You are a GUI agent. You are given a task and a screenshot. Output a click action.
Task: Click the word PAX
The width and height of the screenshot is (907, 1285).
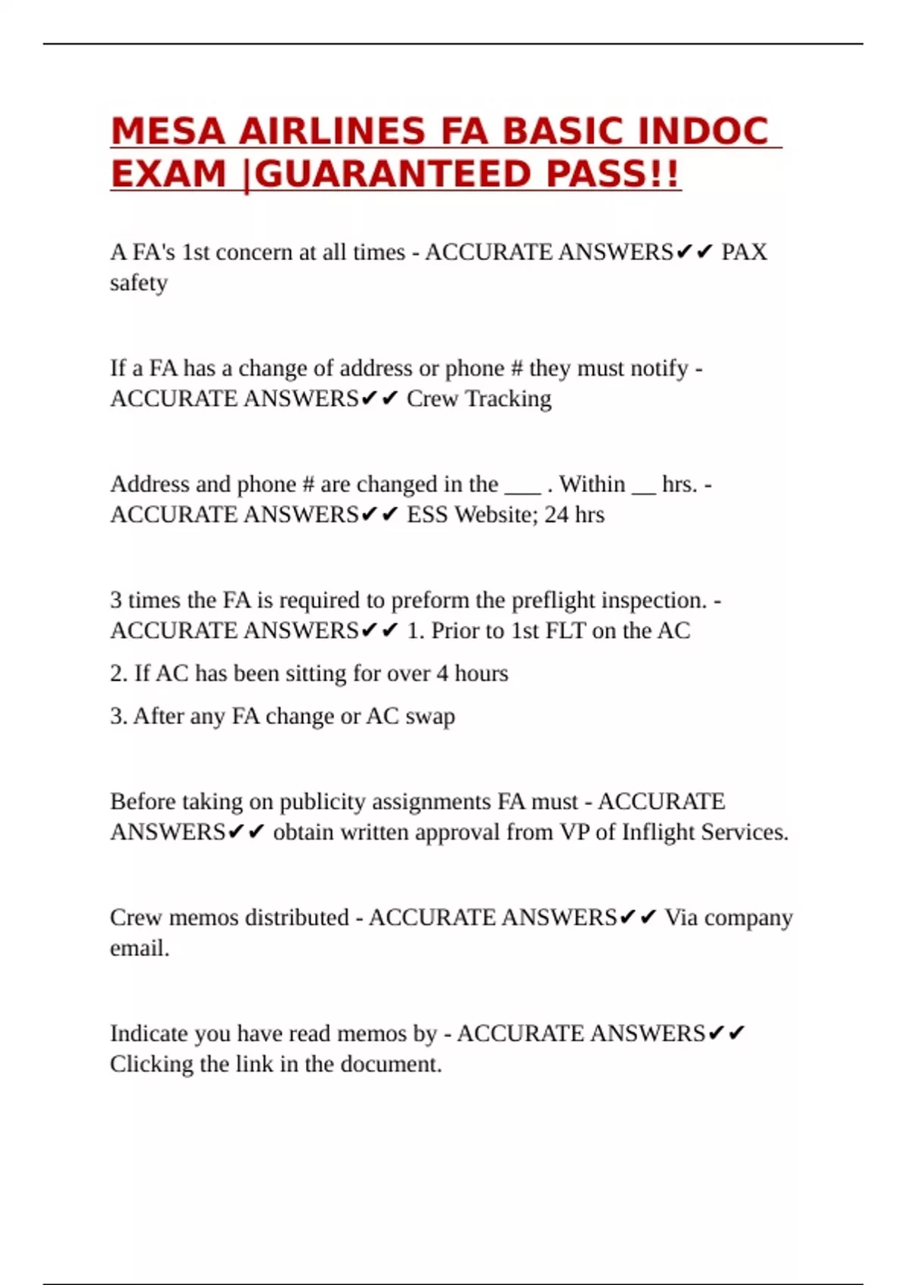[x=744, y=252]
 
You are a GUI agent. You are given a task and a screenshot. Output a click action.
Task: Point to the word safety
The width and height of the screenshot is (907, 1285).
[x=138, y=283]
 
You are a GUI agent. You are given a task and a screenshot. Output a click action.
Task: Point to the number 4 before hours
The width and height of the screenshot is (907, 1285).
[x=442, y=673]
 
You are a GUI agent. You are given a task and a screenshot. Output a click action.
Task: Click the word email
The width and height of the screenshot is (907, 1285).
[x=138, y=948]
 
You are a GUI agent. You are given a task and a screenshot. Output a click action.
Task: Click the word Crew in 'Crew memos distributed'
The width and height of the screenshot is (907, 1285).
[x=135, y=918]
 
